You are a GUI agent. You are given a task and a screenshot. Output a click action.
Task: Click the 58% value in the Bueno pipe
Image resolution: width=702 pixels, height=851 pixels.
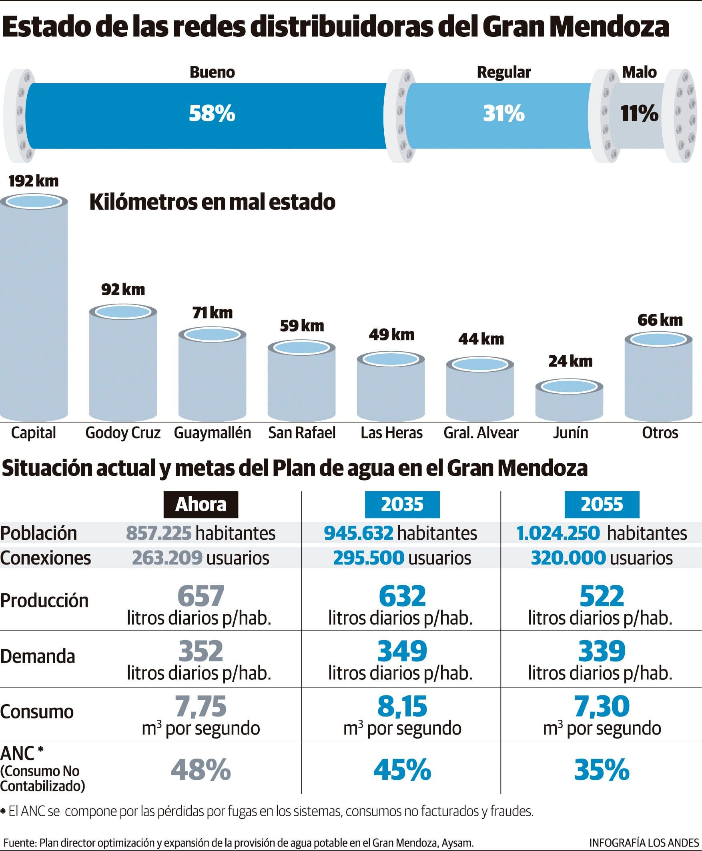[212, 113]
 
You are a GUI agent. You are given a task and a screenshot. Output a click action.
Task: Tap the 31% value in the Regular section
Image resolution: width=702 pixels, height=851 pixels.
[503, 113]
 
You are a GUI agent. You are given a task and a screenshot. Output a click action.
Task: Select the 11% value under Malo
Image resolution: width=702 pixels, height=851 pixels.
[639, 113]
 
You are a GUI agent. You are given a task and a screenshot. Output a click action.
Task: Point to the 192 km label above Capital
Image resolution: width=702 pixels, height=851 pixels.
[34, 181]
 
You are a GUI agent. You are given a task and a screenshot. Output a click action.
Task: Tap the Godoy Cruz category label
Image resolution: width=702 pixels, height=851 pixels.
[123, 433]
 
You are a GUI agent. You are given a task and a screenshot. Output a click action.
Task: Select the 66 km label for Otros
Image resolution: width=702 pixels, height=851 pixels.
[660, 320]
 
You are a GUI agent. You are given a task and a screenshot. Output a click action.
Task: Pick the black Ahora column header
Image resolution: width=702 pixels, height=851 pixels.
[201, 504]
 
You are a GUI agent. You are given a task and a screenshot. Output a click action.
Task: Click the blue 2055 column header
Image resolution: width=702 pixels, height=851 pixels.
[602, 504]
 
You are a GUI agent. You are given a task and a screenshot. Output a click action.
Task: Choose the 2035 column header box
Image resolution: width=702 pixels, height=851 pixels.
[402, 504]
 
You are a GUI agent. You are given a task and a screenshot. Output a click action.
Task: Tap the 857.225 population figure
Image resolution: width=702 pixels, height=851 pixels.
[158, 533]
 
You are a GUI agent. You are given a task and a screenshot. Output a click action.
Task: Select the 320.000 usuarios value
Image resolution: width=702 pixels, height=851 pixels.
[568, 558]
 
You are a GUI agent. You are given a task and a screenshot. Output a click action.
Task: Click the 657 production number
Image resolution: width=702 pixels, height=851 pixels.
[201, 596]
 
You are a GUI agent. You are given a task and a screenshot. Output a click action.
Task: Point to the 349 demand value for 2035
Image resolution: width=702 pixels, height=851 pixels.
[402, 651]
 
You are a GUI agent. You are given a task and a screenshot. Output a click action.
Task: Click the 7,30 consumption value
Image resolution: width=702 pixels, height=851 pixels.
[602, 706]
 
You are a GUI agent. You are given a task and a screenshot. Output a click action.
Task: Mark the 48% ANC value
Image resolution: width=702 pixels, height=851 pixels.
[201, 770]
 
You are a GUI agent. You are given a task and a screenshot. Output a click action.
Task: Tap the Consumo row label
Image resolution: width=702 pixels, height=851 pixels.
[37, 711]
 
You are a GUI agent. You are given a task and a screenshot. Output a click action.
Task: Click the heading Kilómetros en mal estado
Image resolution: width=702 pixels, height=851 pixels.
[212, 202]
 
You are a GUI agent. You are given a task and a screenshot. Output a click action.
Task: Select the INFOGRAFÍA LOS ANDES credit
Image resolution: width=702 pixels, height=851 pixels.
[644, 843]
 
